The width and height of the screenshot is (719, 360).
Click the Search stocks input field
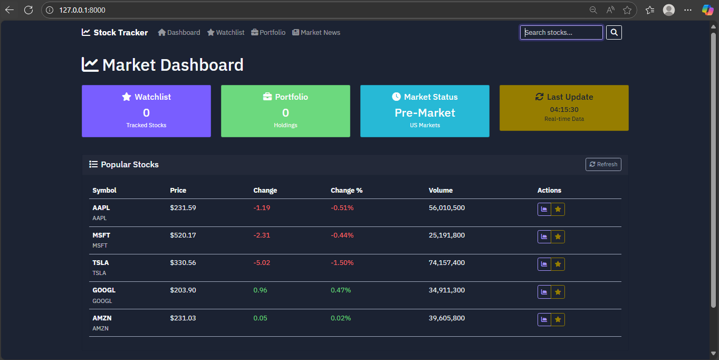561,32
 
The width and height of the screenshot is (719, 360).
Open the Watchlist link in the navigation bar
226,32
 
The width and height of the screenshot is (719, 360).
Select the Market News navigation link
316,32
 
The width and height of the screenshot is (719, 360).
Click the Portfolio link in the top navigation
269,32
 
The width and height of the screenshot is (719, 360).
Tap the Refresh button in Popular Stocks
603,164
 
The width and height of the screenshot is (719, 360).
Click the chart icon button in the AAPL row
544,210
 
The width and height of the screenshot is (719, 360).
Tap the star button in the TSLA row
558,264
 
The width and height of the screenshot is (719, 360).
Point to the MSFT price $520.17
183,235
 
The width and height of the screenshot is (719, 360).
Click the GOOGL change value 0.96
260,290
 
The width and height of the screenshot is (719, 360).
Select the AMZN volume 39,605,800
447,318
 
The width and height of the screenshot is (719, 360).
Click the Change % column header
347,191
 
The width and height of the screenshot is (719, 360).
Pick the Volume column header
440,191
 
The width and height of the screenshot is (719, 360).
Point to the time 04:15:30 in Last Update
564,110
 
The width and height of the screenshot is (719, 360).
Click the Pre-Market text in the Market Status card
425,113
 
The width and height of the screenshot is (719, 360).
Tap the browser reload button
28,10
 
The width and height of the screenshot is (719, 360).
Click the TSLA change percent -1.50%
342,263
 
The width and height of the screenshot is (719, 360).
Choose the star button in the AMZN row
558,319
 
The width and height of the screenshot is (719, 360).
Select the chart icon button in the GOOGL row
544,292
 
